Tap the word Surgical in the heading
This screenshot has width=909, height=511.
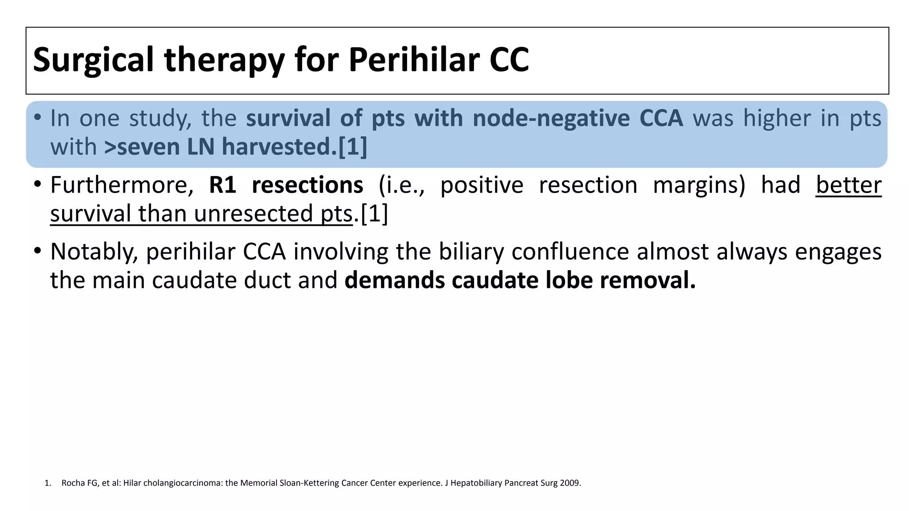(93, 60)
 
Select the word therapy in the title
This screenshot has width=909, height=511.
(225, 60)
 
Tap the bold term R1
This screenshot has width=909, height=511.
(222, 185)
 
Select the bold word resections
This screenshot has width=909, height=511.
(307, 185)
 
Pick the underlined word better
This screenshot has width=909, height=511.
(848, 185)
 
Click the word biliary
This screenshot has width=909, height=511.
(471, 252)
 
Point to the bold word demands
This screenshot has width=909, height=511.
(395, 280)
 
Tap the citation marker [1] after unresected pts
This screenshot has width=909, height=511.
(374, 214)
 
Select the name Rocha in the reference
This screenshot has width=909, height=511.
(70, 483)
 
